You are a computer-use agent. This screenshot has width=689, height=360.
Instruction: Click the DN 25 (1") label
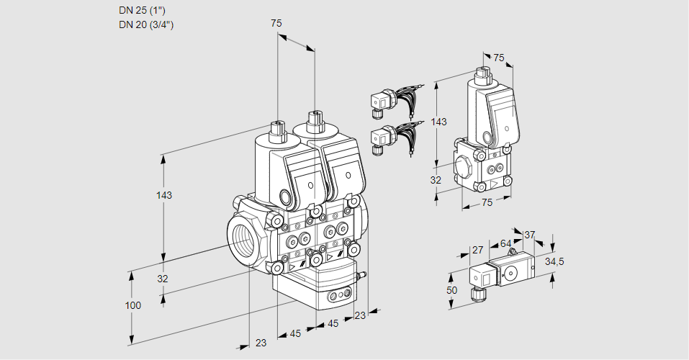pyautogui.click(x=146, y=11)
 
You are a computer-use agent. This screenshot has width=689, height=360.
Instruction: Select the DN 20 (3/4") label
pyautogui.click(x=146, y=24)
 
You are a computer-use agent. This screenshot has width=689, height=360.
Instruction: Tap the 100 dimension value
pyautogui.click(x=133, y=305)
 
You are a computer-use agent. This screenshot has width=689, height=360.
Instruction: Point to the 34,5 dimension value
pyautogui.click(x=555, y=262)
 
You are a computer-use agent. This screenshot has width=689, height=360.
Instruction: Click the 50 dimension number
pyautogui.click(x=452, y=289)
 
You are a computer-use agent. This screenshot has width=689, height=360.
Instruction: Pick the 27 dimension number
pyautogui.click(x=477, y=250)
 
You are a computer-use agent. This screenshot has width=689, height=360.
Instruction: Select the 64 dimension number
pyautogui.click(x=505, y=243)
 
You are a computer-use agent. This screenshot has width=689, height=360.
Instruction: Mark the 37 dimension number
pyautogui.click(x=529, y=234)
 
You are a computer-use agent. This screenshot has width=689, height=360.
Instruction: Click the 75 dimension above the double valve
pyautogui.click(x=276, y=24)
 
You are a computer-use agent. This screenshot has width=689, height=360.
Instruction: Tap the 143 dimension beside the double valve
pyautogui.click(x=165, y=195)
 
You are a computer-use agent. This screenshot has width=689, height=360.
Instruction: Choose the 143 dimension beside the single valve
pyautogui.click(x=438, y=122)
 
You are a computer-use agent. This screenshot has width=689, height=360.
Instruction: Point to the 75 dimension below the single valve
pyautogui.click(x=487, y=203)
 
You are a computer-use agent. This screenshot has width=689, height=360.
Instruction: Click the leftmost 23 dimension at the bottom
pyautogui.click(x=261, y=343)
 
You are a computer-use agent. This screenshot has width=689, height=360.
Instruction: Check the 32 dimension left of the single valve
pyautogui.click(x=436, y=180)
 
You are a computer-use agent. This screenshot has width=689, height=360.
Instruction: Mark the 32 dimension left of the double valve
pyautogui.click(x=163, y=279)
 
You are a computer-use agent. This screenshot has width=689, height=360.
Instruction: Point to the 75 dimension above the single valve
pyautogui.click(x=499, y=58)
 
